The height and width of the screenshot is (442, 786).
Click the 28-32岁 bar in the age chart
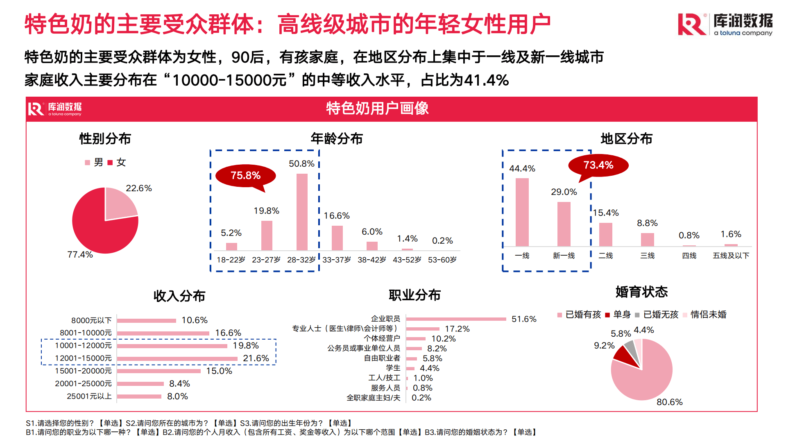tap(302, 212)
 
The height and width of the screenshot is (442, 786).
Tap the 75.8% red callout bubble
tap(245, 176)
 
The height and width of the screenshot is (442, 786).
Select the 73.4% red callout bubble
tap(598, 165)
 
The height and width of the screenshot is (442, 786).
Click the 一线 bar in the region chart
tap(522, 212)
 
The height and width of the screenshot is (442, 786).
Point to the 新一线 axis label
tap(564, 256)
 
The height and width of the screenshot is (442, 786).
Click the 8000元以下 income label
tap(91, 320)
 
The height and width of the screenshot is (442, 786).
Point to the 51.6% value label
tap(523, 319)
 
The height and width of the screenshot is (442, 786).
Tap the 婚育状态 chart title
tap(641, 292)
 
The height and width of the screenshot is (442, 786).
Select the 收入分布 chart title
tap(179, 296)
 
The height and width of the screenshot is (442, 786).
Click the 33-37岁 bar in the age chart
tap(337, 238)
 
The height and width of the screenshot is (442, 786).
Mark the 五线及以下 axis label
tap(731, 256)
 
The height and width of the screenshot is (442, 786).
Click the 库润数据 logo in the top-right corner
tap(725, 24)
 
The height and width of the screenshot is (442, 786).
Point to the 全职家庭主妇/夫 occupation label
tap(373, 398)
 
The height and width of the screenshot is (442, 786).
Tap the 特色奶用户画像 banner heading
tap(377, 109)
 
